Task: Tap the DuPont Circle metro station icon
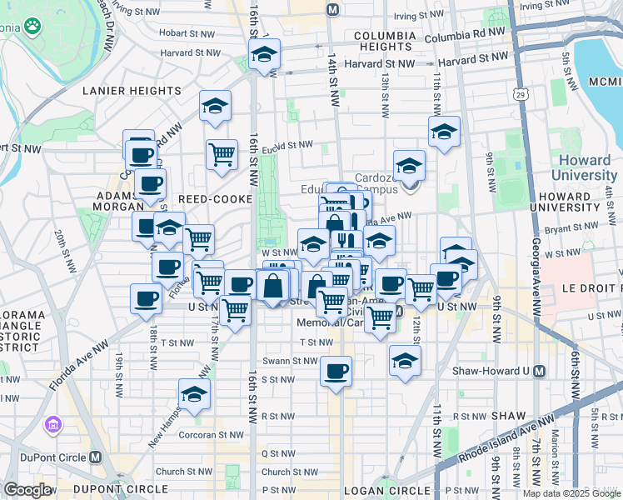pos(96,457)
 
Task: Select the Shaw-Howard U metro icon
pos(540,371)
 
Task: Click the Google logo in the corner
pos(27,490)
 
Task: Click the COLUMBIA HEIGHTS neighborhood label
pos(384,42)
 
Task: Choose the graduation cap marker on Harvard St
pos(264,56)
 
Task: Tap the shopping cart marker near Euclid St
pos(222,153)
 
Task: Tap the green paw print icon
pos(32,27)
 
